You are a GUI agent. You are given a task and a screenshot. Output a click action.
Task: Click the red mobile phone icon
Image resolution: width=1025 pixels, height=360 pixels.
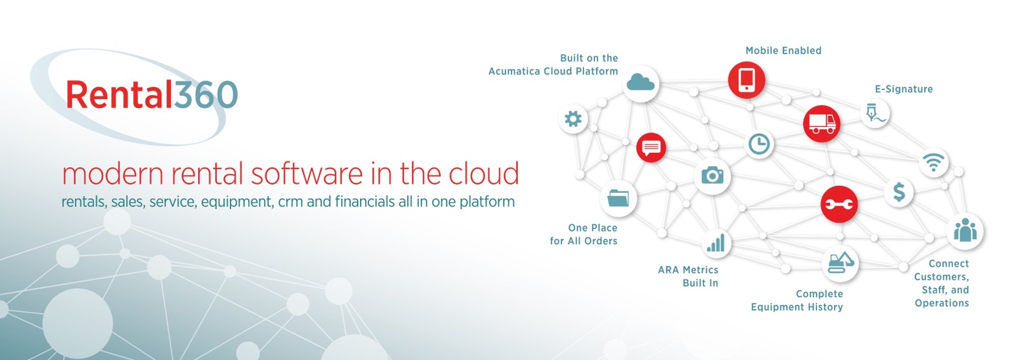click(747, 80)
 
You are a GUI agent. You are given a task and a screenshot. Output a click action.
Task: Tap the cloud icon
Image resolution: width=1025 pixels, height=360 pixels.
click(640, 83)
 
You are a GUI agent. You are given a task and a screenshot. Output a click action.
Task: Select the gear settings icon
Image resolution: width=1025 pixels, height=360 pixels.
click(573, 118)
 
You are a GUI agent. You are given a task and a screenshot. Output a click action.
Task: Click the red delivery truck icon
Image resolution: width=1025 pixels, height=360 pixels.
click(821, 123)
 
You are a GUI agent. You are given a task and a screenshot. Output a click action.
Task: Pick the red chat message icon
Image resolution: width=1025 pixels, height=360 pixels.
click(651, 148)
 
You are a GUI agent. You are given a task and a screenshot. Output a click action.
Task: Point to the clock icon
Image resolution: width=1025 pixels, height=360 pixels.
click(759, 144)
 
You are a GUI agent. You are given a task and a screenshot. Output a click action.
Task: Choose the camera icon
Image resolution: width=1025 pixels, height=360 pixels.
click(712, 175)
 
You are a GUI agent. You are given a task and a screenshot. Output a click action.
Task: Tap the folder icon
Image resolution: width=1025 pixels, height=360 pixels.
click(618, 197)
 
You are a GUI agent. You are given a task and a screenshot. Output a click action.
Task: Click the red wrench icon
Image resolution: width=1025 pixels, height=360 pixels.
click(839, 205)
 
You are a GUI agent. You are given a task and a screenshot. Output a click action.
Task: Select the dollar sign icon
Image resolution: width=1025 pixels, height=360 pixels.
click(899, 192)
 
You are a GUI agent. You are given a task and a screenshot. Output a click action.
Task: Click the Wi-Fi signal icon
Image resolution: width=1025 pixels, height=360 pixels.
click(933, 162)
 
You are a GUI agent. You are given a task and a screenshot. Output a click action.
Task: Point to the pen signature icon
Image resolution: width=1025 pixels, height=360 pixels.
click(875, 113)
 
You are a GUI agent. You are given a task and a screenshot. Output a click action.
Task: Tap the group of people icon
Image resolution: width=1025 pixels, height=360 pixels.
click(965, 231)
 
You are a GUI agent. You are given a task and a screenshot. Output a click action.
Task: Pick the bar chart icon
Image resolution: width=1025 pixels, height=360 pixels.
click(715, 243)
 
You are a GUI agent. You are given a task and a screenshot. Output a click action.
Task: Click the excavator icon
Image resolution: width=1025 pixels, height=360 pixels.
click(840, 262)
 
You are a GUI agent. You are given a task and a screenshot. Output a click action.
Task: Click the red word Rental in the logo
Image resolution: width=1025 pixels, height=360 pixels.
click(119, 95)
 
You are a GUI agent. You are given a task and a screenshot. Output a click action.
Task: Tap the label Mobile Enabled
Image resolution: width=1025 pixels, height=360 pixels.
click(783, 51)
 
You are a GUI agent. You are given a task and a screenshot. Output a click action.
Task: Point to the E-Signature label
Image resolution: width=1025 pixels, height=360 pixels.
click(903, 89)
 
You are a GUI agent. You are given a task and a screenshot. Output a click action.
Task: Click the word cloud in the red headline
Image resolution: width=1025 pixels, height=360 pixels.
click(484, 174)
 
